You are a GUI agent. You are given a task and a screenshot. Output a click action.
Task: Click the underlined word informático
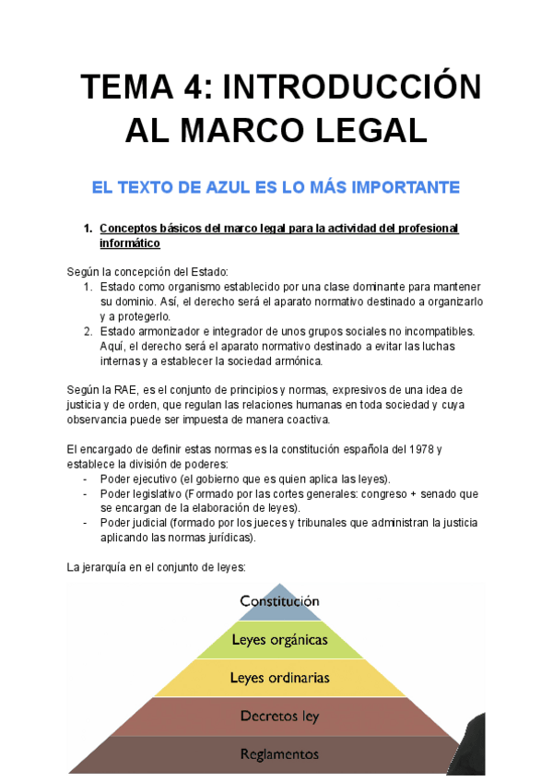point(130,243)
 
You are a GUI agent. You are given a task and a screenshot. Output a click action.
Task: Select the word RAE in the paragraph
point(126,391)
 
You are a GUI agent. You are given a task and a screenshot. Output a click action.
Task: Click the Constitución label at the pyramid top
point(279,600)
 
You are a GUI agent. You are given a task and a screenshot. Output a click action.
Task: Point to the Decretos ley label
point(279,716)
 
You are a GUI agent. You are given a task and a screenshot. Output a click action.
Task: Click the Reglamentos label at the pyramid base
point(279,753)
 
